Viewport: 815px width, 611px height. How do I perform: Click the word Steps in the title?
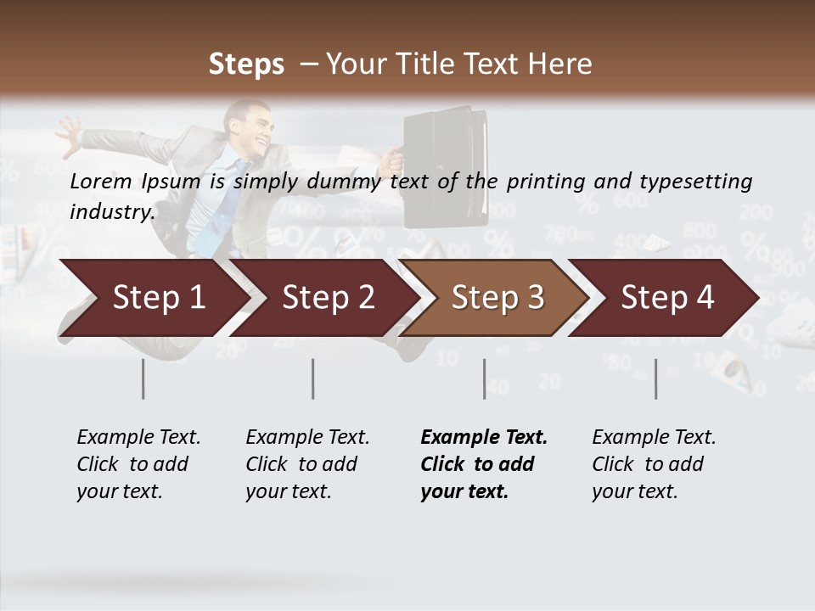click(x=246, y=64)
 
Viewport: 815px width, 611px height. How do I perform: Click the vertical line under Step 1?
click(x=143, y=378)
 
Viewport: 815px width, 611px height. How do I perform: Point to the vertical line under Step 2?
click(x=313, y=378)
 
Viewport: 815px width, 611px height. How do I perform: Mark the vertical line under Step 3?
click(x=484, y=378)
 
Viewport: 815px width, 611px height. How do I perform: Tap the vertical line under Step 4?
click(x=655, y=378)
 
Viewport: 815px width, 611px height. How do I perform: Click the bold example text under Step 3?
click(x=484, y=464)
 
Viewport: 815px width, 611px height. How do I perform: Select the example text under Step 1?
click(x=138, y=464)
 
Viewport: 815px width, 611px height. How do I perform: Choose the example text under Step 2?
click(x=307, y=464)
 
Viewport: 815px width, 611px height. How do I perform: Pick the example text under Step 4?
click(x=654, y=464)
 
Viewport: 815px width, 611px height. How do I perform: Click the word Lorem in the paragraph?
click(x=101, y=181)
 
